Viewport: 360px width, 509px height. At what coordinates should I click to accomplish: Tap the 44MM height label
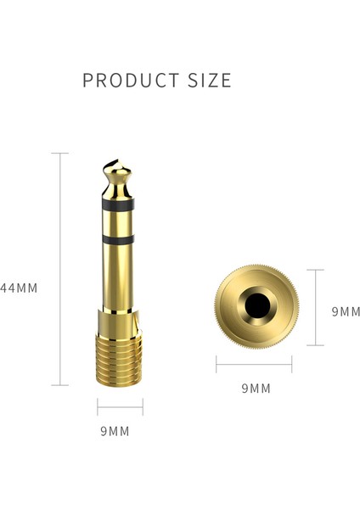pos(19,288)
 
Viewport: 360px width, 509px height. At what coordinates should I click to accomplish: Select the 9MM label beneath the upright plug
pos(115,431)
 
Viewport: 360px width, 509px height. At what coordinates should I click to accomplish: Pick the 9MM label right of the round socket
pos(346,311)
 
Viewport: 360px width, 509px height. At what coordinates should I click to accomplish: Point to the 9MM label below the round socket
pos(256,389)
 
